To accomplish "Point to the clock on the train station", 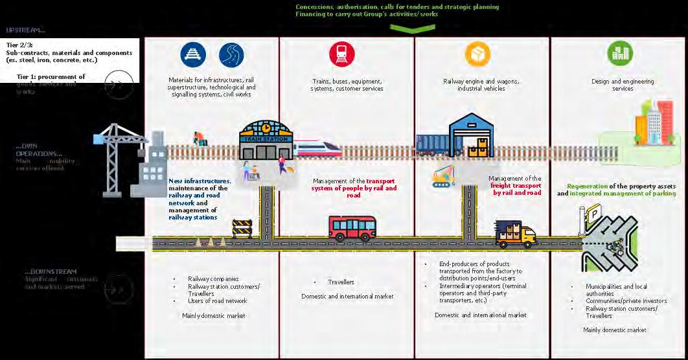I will [x=266, y=129].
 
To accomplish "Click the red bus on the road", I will [x=352, y=228].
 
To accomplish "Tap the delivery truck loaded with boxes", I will [x=516, y=234].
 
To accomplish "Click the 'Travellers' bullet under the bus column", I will [x=341, y=282].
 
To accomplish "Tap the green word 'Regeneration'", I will [x=588, y=186].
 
